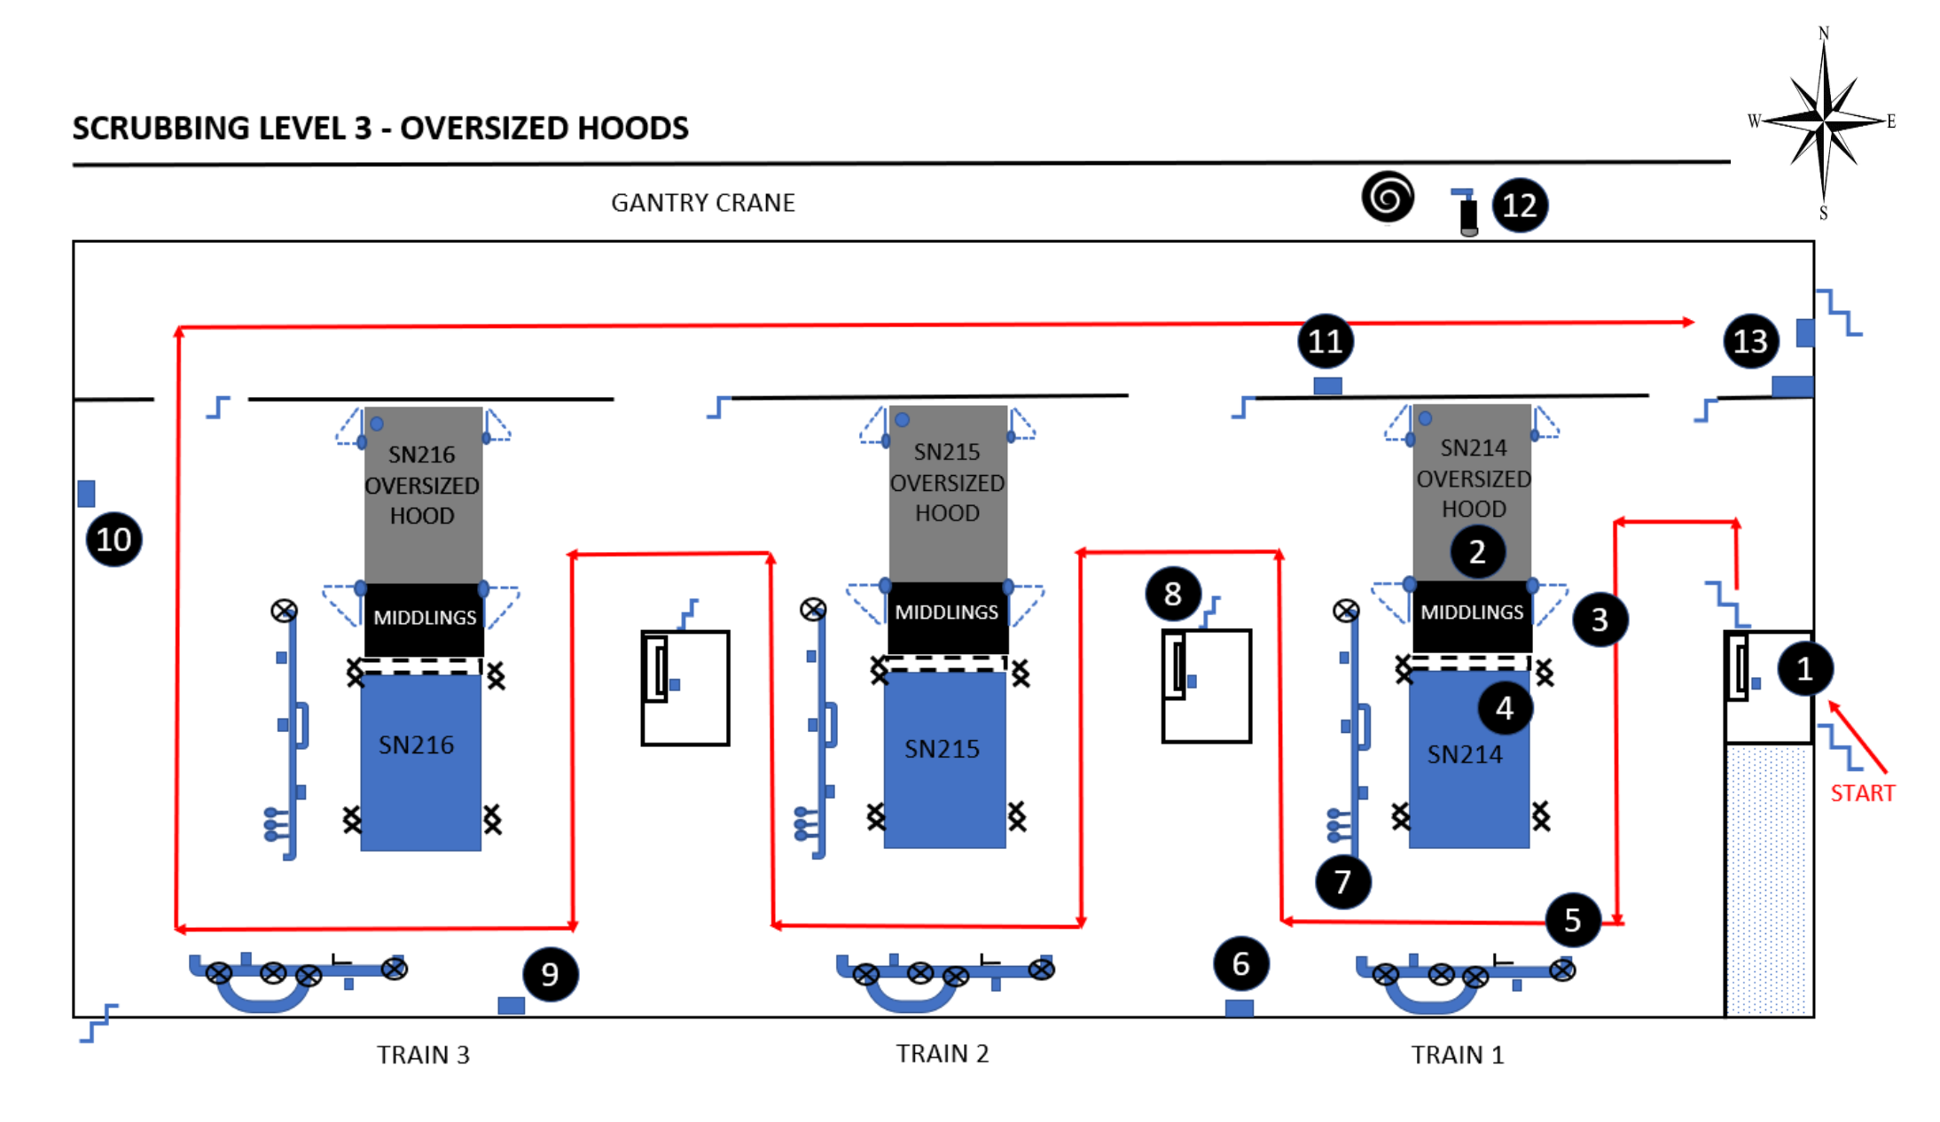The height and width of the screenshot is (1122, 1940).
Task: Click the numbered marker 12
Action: tap(1519, 206)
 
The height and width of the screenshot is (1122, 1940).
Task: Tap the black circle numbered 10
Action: tap(113, 539)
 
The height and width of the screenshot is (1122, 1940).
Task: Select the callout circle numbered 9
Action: tap(550, 974)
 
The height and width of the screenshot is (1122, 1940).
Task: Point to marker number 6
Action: tap(1240, 963)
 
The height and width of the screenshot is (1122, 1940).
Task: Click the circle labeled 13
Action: tap(1750, 341)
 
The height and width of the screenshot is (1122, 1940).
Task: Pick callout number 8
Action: tap(1172, 594)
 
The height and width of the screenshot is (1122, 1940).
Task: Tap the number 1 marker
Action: tap(1803, 668)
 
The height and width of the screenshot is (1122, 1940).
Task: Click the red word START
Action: tap(1862, 792)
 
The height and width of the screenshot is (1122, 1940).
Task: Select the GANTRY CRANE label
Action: tap(702, 203)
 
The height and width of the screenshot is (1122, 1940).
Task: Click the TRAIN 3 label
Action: tap(423, 1055)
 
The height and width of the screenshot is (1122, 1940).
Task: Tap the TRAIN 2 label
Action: tap(942, 1054)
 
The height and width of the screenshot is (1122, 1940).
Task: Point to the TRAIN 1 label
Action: tap(1457, 1055)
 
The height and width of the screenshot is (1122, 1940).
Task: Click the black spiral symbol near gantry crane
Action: tap(1388, 197)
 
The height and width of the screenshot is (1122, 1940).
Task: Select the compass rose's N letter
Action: tap(1823, 34)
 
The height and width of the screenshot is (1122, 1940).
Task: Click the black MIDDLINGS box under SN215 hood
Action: tap(946, 612)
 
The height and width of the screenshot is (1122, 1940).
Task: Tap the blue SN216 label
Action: tap(416, 745)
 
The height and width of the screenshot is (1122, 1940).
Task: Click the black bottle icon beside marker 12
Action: tap(1468, 215)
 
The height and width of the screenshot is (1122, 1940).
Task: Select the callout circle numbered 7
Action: tap(1342, 882)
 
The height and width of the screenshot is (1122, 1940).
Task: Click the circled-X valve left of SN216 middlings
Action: tap(284, 611)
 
